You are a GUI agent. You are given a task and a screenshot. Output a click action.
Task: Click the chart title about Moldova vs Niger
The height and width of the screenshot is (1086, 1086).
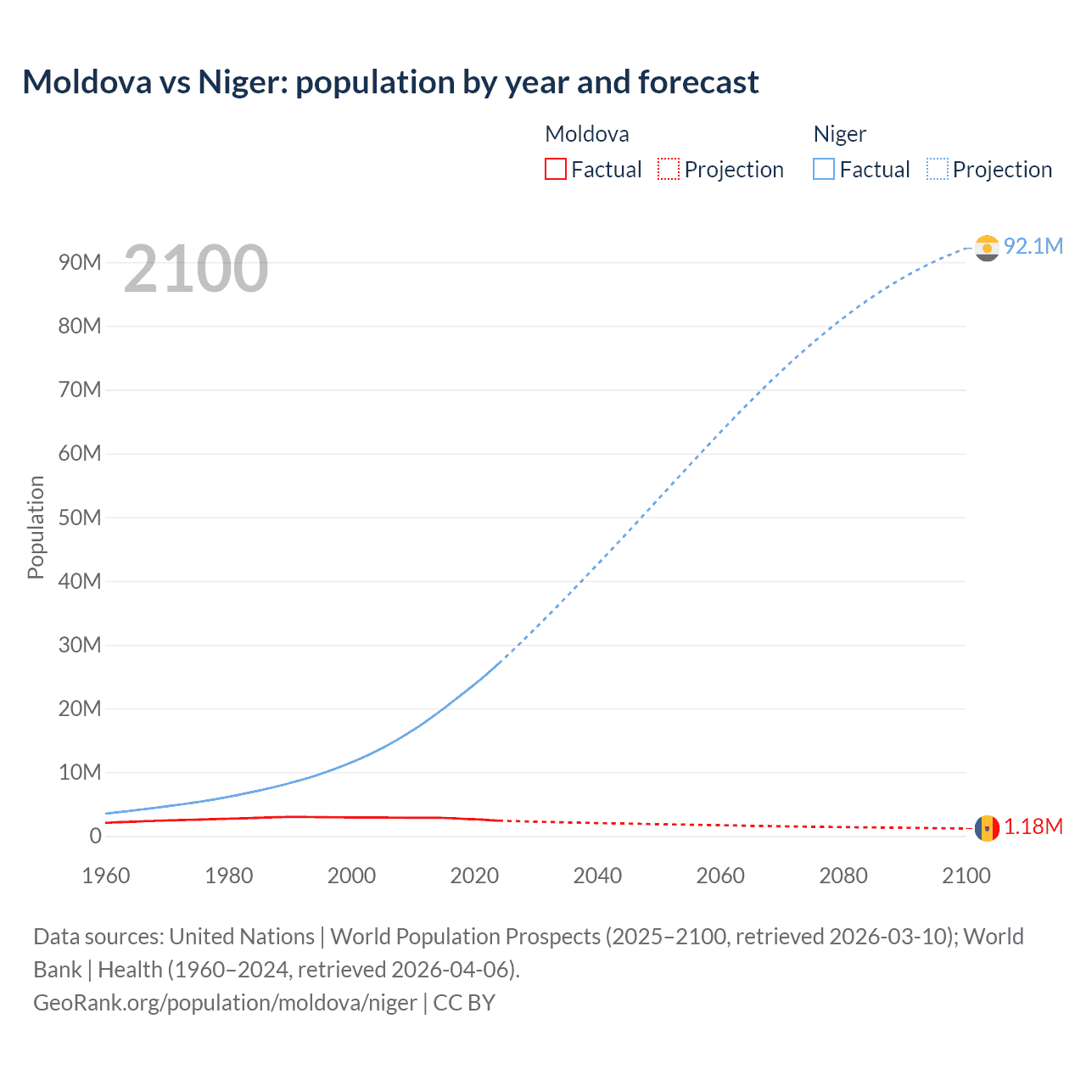point(390,82)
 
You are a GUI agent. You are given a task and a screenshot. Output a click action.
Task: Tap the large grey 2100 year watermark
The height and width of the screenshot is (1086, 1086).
point(196,269)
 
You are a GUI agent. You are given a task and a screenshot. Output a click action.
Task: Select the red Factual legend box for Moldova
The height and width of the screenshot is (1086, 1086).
point(555,169)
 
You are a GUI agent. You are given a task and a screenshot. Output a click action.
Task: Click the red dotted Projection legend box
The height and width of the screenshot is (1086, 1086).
point(669,169)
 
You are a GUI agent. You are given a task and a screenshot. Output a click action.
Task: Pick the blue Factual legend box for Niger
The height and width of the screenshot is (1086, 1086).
point(824,169)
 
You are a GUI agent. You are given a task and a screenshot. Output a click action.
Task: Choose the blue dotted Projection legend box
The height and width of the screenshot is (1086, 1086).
point(938,169)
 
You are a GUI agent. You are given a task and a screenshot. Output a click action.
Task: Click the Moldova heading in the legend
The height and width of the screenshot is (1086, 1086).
point(586,134)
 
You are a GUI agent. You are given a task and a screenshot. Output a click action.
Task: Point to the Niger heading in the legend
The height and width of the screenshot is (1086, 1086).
point(839,134)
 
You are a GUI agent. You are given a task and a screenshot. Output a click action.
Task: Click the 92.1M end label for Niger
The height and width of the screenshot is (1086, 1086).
point(1033,246)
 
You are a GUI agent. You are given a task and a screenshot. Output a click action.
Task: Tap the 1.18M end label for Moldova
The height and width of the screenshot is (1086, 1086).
point(1033,826)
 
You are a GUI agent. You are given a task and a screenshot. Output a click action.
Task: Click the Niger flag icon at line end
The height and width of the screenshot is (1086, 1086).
point(987,248)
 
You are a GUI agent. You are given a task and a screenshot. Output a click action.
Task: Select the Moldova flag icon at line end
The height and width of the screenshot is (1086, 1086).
point(987,828)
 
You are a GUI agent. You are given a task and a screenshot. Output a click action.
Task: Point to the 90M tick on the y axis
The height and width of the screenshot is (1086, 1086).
point(80,262)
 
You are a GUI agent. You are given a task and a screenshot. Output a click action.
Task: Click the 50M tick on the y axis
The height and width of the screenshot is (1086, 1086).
point(80,518)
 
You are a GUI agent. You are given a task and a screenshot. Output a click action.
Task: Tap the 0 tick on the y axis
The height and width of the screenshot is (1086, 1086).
point(95,836)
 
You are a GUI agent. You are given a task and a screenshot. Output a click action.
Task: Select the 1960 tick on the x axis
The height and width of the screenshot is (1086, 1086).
point(106,876)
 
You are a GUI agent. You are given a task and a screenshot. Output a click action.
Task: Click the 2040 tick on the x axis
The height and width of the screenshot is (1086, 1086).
point(597,876)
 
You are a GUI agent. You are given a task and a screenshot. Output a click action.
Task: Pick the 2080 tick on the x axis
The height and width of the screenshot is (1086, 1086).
point(843,876)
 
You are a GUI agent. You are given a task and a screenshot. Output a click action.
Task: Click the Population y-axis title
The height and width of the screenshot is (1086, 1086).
point(36,527)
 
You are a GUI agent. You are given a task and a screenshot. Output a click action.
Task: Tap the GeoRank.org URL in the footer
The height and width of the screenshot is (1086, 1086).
point(225,1003)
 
